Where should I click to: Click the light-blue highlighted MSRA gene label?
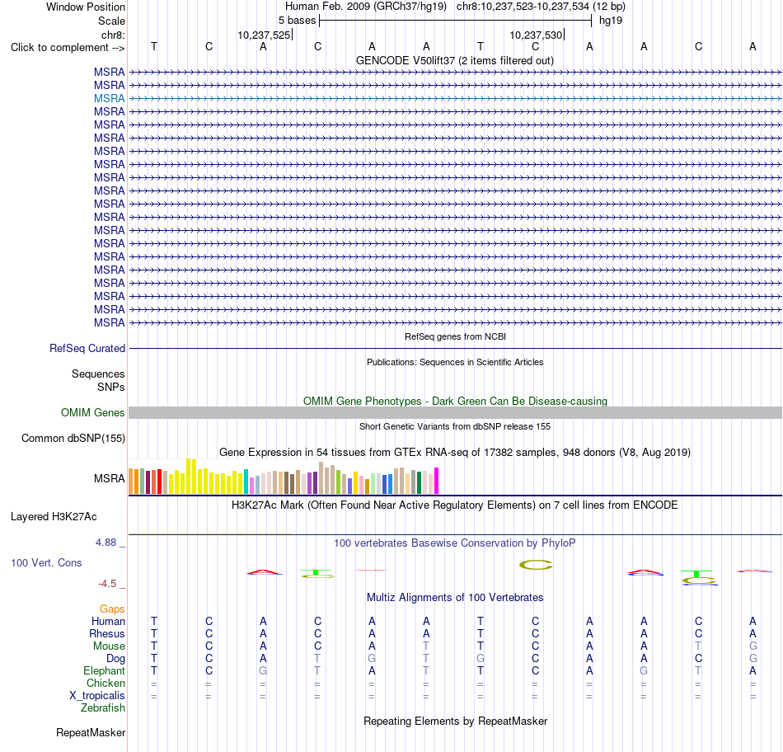click(109, 98)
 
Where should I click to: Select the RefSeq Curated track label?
click(87, 348)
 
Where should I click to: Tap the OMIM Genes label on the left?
click(93, 413)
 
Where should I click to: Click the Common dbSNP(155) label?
click(73, 438)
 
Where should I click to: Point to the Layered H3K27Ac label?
click(54, 517)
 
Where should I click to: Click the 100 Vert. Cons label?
click(46, 562)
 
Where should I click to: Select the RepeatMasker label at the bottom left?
click(91, 732)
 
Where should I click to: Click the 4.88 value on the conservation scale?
click(105, 543)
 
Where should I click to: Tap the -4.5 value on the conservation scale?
click(107, 584)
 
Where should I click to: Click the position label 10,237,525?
click(264, 35)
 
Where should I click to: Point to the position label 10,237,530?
click(536, 35)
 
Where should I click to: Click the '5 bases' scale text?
click(297, 21)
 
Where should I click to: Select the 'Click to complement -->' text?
click(68, 48)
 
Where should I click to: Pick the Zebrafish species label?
click(103, 708)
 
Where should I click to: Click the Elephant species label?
click(105, 670)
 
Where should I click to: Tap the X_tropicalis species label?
click(97, 696)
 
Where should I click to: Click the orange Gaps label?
click(112, 609)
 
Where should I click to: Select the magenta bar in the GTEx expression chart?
click(437, 481)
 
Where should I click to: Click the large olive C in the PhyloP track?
click(536, 565)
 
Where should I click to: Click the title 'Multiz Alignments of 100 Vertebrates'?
click(455, 598)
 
